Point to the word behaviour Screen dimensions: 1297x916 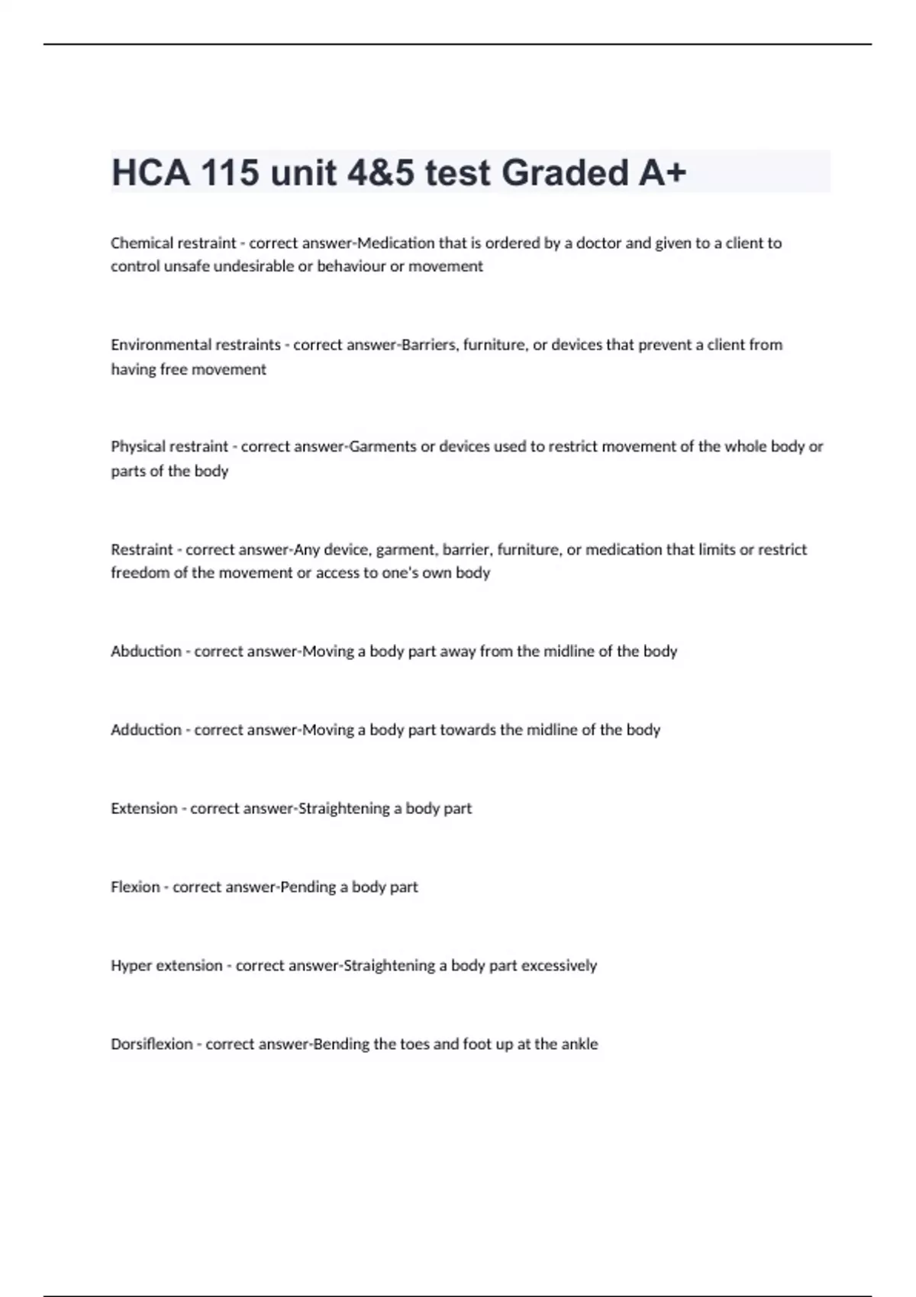coord(351,266)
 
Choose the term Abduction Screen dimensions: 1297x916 coord(146,651)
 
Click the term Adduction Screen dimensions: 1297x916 coord(146,729)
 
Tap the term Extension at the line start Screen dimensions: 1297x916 coord(144,808)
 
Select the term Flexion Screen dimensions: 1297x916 coord(135,887)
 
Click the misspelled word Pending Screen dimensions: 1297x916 coord(308,887)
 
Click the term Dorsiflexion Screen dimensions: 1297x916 coord(151,1044)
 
